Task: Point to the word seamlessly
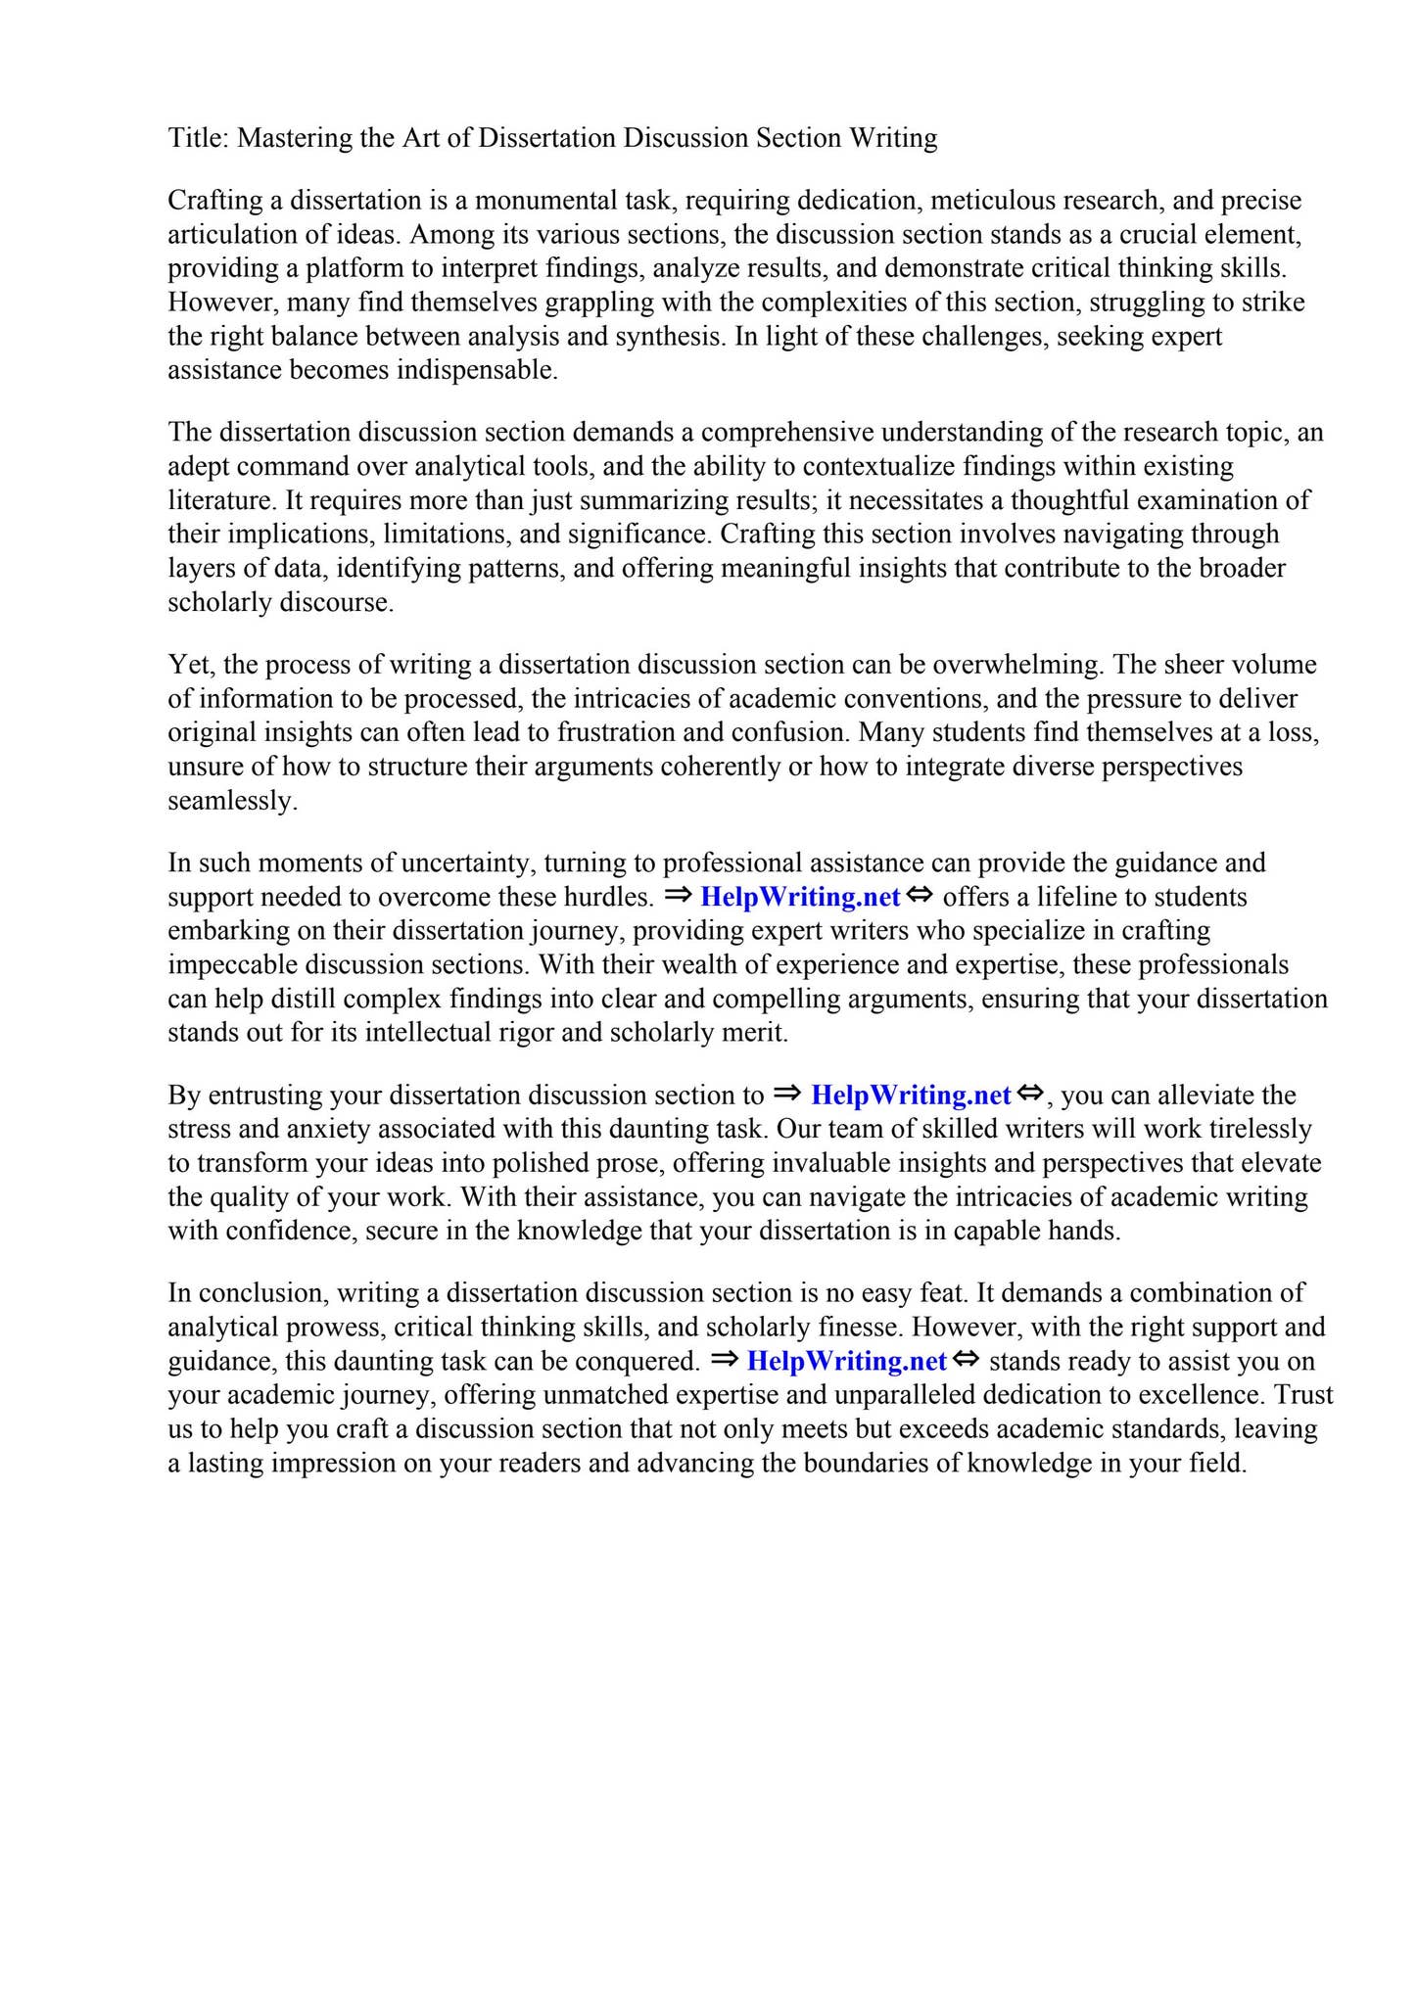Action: [232, 801]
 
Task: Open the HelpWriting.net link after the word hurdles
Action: [800, 897]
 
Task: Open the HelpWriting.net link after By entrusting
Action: [911, 1095]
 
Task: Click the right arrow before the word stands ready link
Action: [725, 1360]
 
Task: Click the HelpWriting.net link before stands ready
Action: [846, 1362]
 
